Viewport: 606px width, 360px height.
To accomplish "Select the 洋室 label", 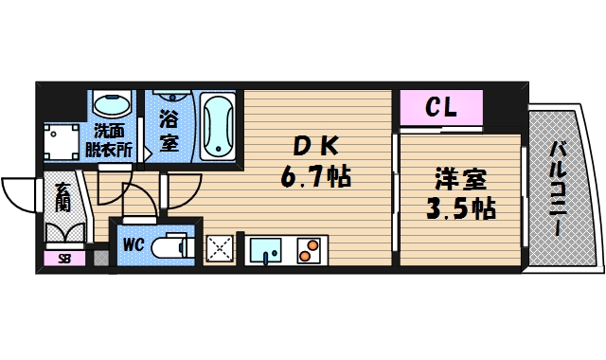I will (x=460, y=177).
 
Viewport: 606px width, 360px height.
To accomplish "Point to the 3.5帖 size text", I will (x=460, y=207).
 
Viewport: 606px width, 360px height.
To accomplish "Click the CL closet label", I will (x=441, y=107).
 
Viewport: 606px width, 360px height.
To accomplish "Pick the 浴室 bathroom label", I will (x=169, y=131).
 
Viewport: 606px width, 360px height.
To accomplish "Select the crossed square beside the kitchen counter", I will (x=221, y=249).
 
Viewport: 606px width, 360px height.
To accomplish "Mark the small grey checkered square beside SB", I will (x=99, y=256).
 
